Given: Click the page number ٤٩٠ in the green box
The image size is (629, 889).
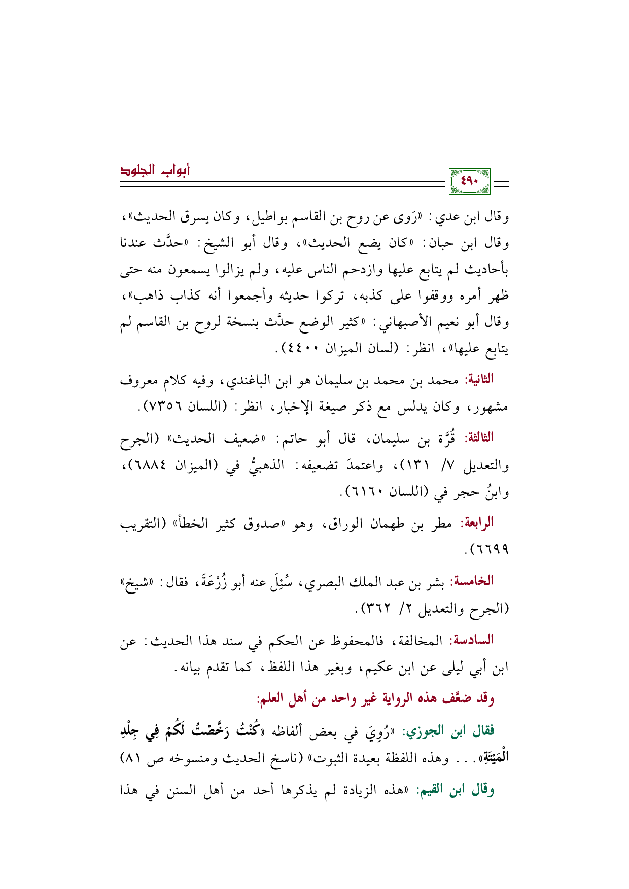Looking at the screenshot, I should tap(469, 181).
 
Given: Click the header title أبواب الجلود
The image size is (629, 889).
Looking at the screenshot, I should tap(155, 171).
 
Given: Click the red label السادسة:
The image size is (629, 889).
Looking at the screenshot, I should tap(473, 640).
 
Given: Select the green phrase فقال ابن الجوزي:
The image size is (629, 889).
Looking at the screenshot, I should tap(449, 731).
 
